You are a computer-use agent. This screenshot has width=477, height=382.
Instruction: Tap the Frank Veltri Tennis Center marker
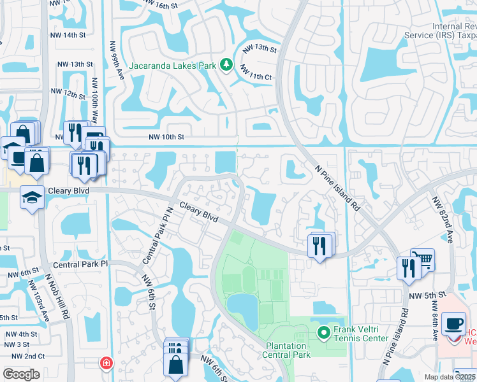click(x=324, y=332)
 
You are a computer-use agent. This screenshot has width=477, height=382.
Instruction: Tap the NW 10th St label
click(x=166, y=137)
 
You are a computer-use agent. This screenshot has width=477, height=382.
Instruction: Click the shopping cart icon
click(x=422, y=260)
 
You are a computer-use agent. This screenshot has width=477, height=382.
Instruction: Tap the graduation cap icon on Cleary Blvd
click(x=31, y=197)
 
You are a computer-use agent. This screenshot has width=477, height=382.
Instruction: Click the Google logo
click(x=21, y=374)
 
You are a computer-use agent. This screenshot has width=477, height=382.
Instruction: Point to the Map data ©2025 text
click(x=450, y=377)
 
